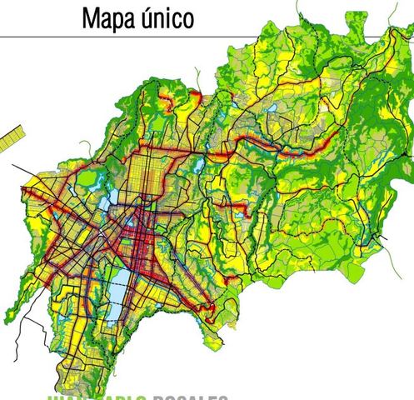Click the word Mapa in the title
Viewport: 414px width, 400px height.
[110, 17]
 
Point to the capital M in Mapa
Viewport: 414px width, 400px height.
[90, 17]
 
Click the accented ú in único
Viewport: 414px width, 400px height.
[151, 17]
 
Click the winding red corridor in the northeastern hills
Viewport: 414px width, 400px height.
[283, 150]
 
